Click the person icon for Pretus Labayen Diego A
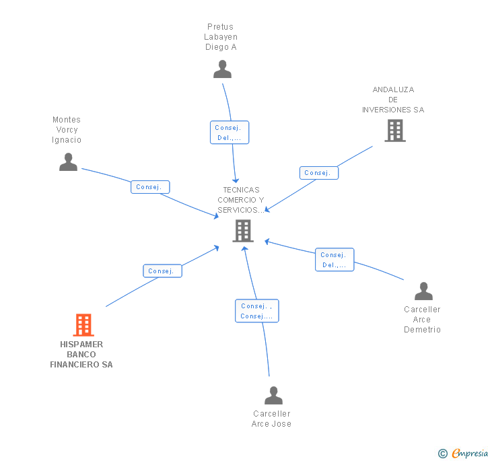[x=222, y=69]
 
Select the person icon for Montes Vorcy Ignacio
[x=68, y=162]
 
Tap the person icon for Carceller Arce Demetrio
[x=423, y=291]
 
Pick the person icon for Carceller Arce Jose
[x=273, y=395]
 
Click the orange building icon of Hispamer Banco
[x=83, y=325]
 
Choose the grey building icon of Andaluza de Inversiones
[x=395, y=131]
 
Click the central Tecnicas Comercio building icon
[x=242, y=231]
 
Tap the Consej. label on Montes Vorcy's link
[x=150, y=187]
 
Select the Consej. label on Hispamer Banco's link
[x=162, y=271]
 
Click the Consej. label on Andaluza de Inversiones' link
[x=318, y=173]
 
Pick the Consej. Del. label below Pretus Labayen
[x=230, y=133]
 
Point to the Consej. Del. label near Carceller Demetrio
[x=335, y=260]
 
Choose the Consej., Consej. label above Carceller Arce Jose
[x=256, y=311]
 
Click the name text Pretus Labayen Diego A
[x=221, y=37]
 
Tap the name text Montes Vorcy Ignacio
[x=67, y=130]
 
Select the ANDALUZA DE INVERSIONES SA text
[x=393, y=100]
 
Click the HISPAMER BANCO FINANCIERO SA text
[x=81, y=355]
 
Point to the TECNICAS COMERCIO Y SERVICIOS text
[x=241, y=200]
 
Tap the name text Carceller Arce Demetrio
[x=422, y=320]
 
